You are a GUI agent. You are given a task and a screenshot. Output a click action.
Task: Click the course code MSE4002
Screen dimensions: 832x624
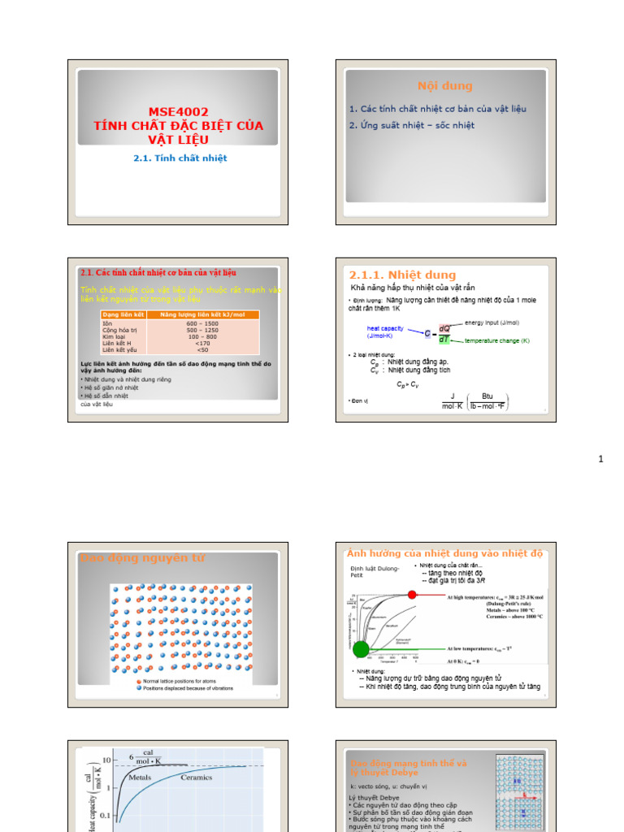point(178,112)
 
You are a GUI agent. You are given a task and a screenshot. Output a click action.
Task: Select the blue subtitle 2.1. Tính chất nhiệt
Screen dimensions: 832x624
point(180,158)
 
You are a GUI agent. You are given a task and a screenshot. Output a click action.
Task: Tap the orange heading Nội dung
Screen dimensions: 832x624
point(444,86)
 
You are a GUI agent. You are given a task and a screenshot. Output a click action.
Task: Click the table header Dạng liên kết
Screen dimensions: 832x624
point(123,314)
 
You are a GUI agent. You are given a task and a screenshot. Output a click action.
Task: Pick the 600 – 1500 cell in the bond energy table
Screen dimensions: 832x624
point(202,323)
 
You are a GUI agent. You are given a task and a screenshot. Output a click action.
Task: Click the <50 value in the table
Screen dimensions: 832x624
point(202,350)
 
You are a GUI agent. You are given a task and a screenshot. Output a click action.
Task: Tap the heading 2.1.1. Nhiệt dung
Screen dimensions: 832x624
point(402,275)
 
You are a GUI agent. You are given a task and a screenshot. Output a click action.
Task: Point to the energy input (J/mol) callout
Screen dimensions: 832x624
point(497,323)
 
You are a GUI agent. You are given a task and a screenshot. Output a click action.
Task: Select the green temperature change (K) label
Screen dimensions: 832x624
point(496,341)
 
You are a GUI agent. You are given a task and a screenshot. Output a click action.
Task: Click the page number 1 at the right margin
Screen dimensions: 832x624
point(601,460)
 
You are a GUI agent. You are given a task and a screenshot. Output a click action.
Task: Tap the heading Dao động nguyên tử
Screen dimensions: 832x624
point(142,557)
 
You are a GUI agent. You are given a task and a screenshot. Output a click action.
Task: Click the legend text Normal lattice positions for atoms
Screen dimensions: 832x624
point(187,681)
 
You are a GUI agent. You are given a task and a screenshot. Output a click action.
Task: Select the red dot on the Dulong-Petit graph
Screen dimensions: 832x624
point(412,595)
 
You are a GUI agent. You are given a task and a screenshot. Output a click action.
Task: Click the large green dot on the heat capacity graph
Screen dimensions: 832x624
point(361,648)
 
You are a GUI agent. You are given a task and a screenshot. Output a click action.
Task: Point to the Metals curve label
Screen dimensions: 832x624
point(140,778)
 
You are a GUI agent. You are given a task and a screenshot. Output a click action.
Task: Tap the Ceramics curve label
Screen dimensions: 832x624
point(197,778)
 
